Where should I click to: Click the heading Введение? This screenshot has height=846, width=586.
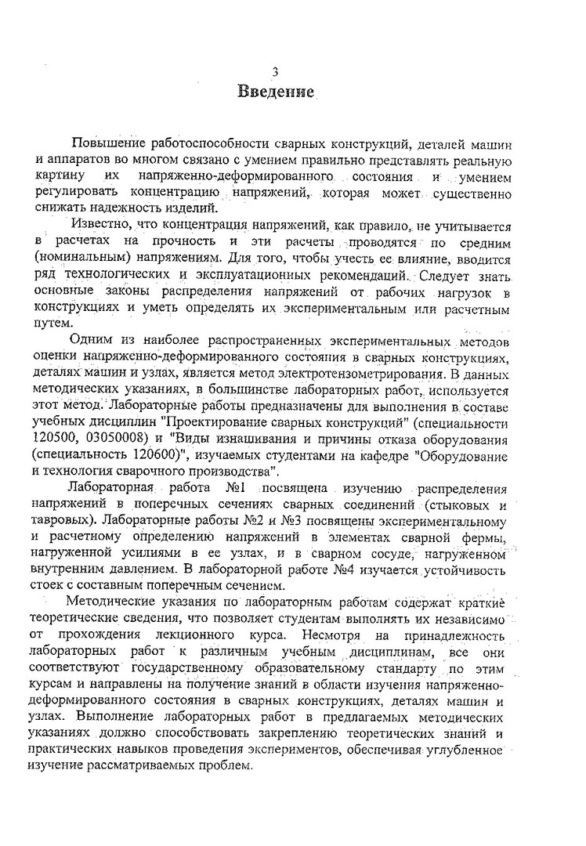[277, 92]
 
